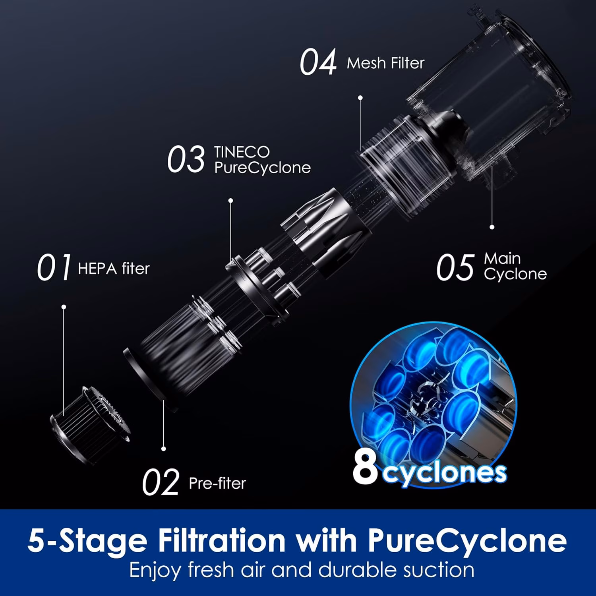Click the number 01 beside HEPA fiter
point(54,267)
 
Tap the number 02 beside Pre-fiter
point(161,482)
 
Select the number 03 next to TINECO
point(186,159)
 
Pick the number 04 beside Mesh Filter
point(318,62)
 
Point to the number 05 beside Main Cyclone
point(455,267)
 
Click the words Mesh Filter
point(385,63)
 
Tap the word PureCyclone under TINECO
point(263,168)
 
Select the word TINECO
point(242,152)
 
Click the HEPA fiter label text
point(114,269)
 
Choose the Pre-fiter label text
point(217,483)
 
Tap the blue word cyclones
point(445,472)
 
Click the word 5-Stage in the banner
point(87,540)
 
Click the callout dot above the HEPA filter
point(64,307)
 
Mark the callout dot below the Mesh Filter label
point(360,97)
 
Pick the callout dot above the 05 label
point(492,227)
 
